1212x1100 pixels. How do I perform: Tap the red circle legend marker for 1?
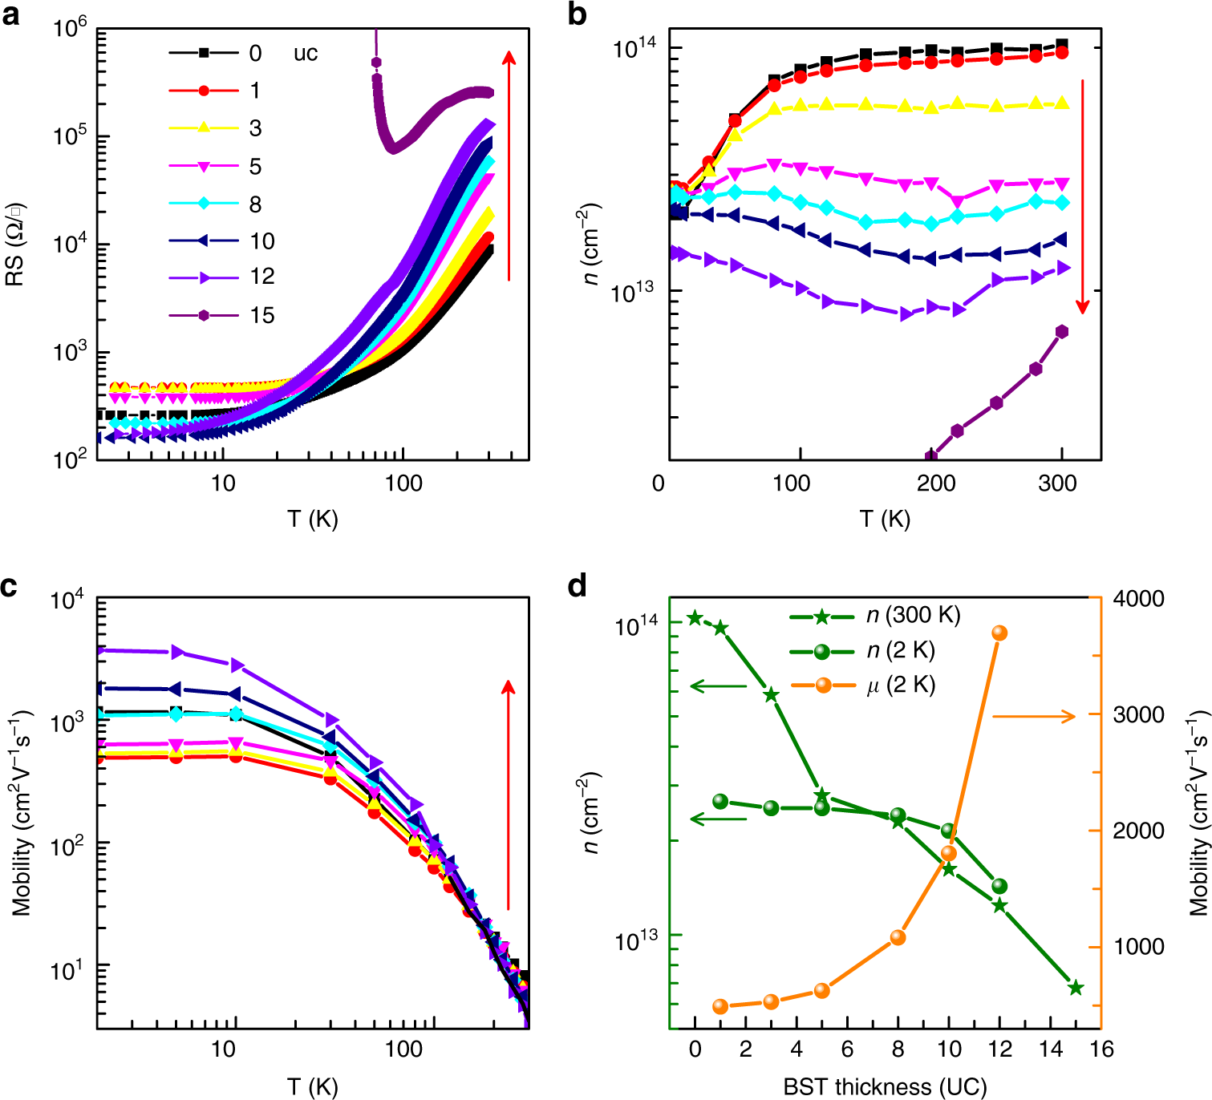point(204,91)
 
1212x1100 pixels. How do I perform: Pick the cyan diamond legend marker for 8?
point(204,204)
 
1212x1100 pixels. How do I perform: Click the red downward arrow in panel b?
point(1083,196)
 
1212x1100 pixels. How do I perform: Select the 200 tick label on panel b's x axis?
point(937,483)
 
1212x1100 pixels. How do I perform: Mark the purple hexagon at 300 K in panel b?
point(1062,332)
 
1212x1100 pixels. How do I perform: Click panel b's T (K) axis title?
point(885,520)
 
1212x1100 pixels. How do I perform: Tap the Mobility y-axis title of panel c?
point(21,812)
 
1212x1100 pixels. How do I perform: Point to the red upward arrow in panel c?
point(508,794)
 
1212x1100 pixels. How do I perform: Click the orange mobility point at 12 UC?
point(999,633)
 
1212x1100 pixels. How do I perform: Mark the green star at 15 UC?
point(1076,989)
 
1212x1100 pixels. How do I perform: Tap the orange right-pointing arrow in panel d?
point(1034,716)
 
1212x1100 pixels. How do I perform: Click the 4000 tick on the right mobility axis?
point(1138,599)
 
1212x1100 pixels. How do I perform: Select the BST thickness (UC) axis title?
point(885,1087)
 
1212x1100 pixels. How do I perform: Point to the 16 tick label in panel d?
point(1102,1049)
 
